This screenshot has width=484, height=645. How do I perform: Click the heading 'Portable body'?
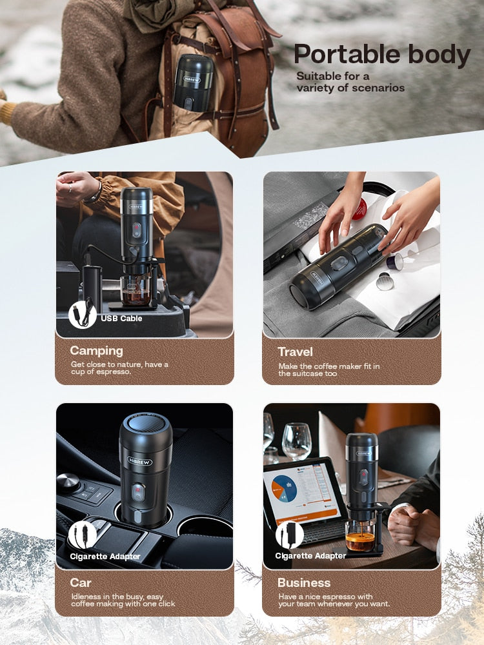(382, 55)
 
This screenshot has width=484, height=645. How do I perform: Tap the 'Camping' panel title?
(96, 351)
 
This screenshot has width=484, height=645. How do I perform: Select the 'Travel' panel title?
(295, 352)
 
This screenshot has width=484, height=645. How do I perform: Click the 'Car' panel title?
(81, 582)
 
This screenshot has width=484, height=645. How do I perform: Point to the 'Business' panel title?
(303, 582)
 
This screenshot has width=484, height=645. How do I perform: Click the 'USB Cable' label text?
(121, 318)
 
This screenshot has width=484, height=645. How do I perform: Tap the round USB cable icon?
(83, 315)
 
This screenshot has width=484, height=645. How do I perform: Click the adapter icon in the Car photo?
(83, 534)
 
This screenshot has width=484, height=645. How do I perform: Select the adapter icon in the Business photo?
(289, 534)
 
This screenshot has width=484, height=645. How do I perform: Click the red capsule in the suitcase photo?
(359, 208)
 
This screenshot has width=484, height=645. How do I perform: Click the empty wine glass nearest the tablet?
(296, 441)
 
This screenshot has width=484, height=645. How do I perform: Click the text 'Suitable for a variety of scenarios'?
(350, 82)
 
